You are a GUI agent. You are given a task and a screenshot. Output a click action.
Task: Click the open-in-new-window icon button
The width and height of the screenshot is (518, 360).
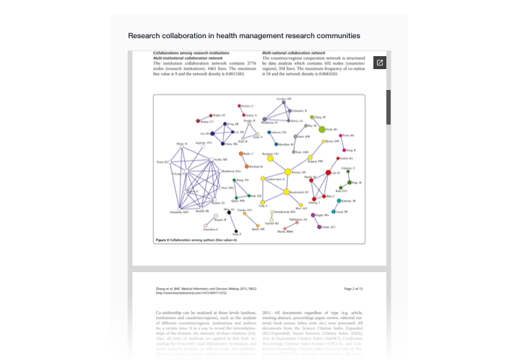(379, 63)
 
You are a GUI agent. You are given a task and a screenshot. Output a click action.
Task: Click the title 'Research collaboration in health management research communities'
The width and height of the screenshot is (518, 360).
(244, 35)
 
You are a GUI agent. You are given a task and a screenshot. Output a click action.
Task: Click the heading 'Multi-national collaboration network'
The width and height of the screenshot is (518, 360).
(294, 53)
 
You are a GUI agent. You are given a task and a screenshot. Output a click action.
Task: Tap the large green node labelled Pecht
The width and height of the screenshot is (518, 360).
(322, 129)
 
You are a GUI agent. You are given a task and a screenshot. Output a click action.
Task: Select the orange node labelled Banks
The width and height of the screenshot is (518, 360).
(241, 153)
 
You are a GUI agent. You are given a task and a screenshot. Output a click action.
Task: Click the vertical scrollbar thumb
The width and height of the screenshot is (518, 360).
(389, 106)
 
